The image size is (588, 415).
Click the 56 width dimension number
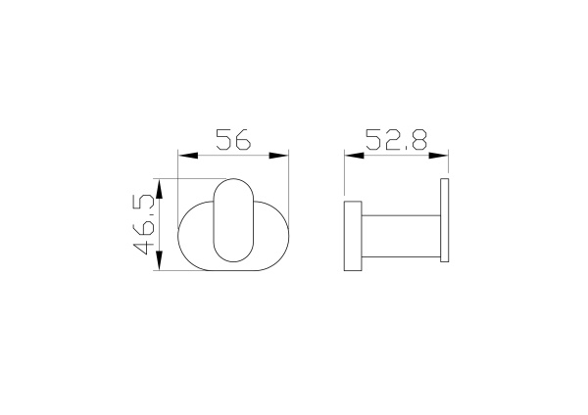pyautogui.click(x=233, y=140)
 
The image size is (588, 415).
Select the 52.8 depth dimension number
pyautogui.click(x=396, y=140)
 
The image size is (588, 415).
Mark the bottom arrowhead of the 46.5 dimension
pyautogui.click(x=158, y=264)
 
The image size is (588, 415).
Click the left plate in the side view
pyautogui.click(x=353, y=236)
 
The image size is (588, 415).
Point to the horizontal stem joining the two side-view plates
pyautogui.click(x=400, y=236)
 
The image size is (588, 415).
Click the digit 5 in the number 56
pyautogui.click(x=222, y=140)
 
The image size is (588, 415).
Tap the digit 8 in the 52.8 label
pyautogui.click(x=418, y=140)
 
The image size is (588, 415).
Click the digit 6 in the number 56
pyautogui.click(x=243, y=140)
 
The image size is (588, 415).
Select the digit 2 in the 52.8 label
pyautogui.click(x=388, y=140)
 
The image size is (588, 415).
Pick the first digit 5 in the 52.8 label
pyautogui.click(x=371, y=140)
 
